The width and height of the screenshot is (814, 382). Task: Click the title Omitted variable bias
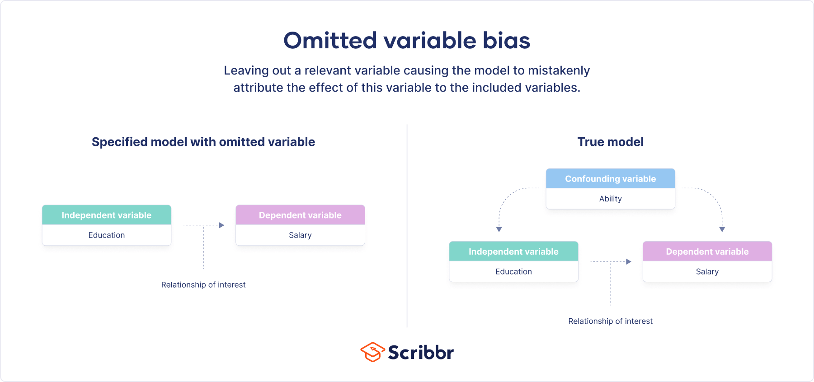point(407,41)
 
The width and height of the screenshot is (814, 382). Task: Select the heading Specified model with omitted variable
point(203,142)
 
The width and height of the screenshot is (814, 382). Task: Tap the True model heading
point(610,142)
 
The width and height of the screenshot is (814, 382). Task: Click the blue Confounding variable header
point(610,179)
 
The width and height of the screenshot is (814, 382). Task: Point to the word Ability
point(610,199)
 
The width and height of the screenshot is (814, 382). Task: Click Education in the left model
point(107,235)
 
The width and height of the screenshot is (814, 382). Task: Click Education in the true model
point(513,271)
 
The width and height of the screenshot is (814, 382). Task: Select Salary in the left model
point(300,235)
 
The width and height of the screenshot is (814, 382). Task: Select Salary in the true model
point(707,271)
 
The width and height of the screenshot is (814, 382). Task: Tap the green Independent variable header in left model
point(107,215)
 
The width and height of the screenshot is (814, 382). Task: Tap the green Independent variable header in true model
point(513,252)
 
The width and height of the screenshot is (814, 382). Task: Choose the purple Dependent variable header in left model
point(300,215)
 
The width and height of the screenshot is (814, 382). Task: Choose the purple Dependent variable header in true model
point(707,252)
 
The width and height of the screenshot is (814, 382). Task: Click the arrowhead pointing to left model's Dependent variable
point(221,225)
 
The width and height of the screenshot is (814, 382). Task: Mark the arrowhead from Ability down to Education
point(499,229)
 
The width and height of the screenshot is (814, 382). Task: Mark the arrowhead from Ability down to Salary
point(722,229)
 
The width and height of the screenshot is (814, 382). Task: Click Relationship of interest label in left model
point(203,285)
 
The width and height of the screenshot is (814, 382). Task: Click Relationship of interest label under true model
point(610,321)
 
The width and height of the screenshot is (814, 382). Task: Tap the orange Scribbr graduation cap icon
point(372,352)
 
